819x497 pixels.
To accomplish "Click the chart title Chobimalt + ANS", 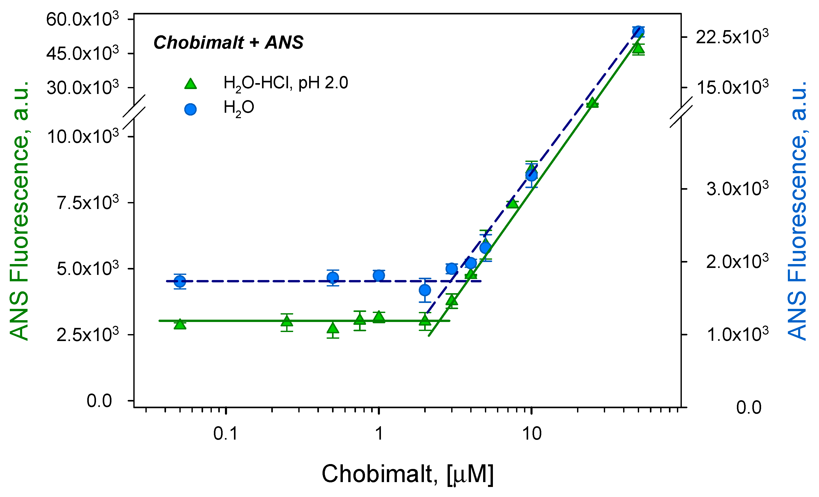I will click(228, 42).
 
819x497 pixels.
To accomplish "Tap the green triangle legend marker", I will click(190, 84).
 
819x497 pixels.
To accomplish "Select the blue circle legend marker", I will click(190, 109).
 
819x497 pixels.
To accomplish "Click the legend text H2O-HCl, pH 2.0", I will click(285, 83).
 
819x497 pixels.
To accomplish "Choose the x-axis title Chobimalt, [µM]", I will click(407, 474).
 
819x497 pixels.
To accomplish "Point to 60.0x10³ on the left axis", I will click(82, 19).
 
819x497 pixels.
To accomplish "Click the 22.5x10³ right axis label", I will click(732, 37).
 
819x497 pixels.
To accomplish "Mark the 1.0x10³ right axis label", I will click(737, 334).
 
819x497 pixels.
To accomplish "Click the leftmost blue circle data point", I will click(180, 282).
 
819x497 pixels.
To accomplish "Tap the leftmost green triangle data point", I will click(180, 324).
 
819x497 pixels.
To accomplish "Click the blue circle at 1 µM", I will click(379, 275).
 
